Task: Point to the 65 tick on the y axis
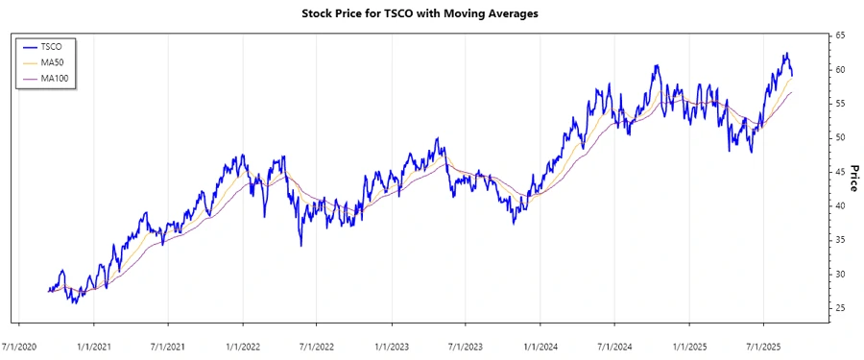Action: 839,36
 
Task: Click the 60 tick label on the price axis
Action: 839,70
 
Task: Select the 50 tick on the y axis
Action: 839,138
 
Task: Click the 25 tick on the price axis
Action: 839,308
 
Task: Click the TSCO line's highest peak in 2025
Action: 786,54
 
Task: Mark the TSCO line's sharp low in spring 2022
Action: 301,245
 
